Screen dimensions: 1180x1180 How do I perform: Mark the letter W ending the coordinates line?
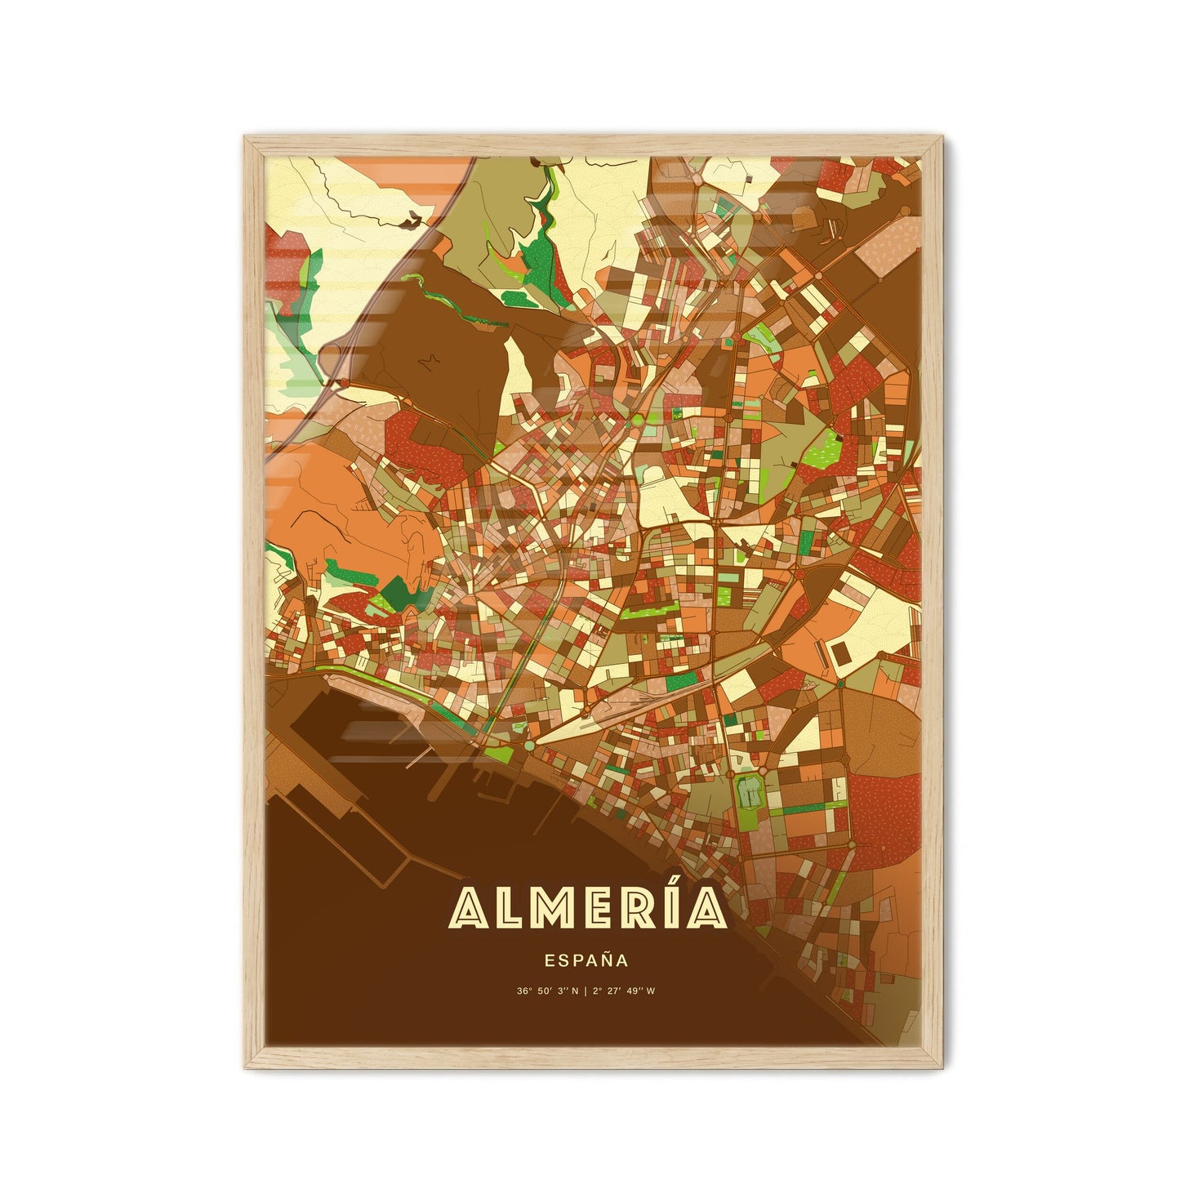[x=653, y=992]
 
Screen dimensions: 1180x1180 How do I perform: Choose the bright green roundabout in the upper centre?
[x=636, y=419]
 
